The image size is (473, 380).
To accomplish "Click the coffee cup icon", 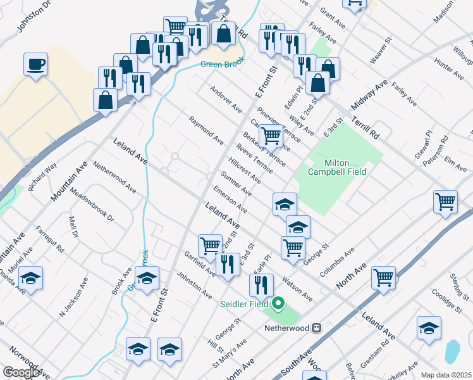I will tap(36, 63).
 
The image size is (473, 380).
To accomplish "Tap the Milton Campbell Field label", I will tap(337, 167).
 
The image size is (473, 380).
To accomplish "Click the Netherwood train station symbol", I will tap(317, 328).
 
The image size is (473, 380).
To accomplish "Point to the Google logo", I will tap(21, 372).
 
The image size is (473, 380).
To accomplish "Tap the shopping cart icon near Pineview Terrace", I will tap(271, 134).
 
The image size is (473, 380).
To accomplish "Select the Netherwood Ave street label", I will tap(114, 177).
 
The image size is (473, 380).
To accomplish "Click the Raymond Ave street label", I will tap(206, 129).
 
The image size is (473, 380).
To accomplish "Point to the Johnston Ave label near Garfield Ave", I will tap(194, 285).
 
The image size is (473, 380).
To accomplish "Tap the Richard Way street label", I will tap(42, 174).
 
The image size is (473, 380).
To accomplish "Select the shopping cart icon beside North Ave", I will tap(384, 277).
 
